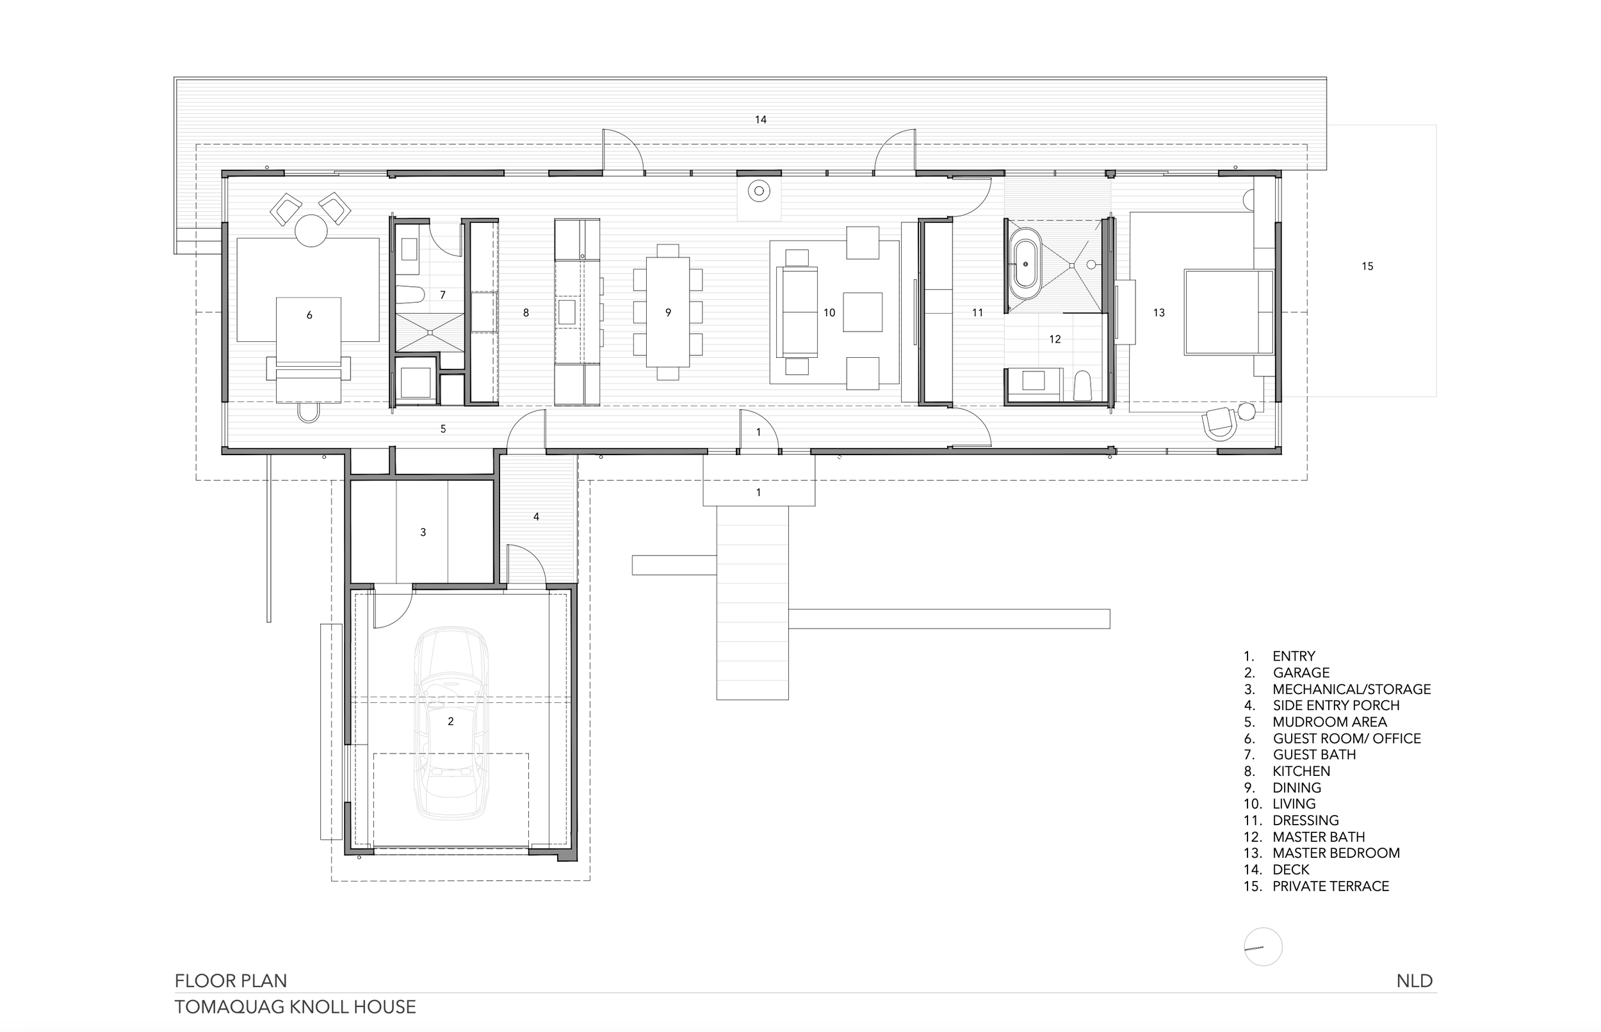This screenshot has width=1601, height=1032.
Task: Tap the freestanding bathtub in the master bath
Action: (1025, 264)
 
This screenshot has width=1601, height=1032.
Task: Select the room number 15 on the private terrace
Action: (1367, 266)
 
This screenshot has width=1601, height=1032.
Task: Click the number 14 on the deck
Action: (760, 120)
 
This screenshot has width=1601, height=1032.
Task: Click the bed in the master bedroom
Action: (1228, 312)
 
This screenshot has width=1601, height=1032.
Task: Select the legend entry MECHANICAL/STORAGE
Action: (1351, 689)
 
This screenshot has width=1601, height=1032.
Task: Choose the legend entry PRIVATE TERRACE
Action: (1330, 886)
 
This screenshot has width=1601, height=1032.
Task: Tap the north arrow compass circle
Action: (1263, 947)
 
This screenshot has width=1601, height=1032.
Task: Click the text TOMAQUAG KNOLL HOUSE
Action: (295, 1006)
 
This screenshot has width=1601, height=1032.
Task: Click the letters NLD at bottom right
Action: (1414, 981)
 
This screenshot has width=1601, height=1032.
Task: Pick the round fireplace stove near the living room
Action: (759, 191)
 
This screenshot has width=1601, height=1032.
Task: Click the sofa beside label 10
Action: (797, 312)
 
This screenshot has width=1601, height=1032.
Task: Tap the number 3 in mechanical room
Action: (423, 532)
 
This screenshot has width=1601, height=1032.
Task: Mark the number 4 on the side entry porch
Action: (536, 517)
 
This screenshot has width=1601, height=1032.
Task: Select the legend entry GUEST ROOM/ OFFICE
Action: (1346, 739)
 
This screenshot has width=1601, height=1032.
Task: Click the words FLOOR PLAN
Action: (231, 981)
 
